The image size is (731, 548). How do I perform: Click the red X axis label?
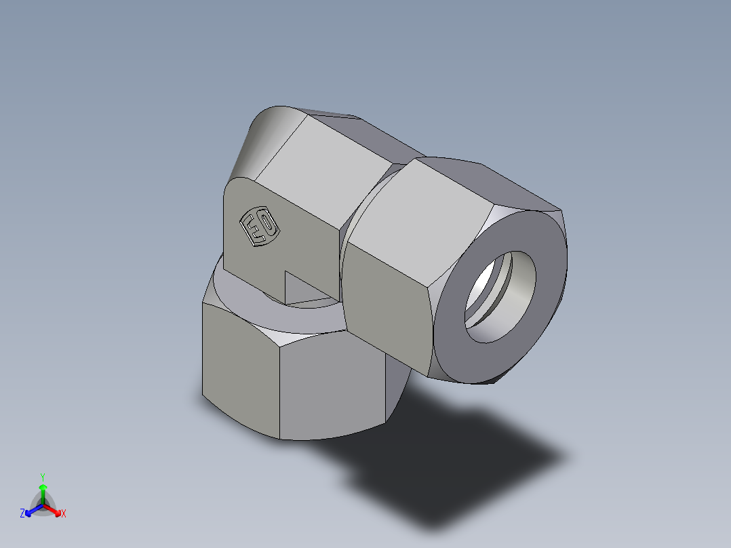pos(64,514)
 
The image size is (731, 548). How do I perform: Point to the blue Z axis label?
pos(22,514)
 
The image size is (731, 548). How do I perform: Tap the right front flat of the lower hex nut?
pos(332,387)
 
